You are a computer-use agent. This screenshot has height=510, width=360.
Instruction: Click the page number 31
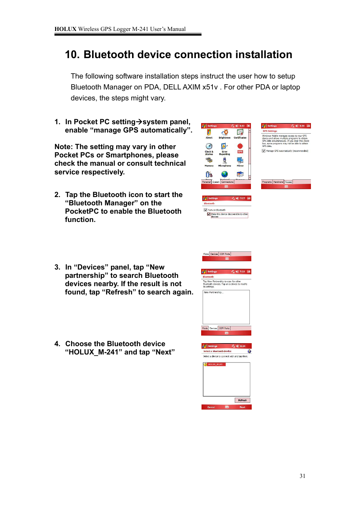click(302, 476)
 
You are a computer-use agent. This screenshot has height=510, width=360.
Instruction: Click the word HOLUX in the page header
click(65, 29)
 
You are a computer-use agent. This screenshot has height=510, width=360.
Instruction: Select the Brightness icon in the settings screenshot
click(225, 133)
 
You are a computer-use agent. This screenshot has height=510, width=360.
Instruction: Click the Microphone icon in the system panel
click(225, 161)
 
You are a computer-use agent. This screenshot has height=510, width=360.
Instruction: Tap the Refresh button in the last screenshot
click(242, 400)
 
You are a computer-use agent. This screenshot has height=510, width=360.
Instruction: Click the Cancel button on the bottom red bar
click(211, 407)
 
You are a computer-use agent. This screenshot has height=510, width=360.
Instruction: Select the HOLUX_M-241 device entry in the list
click(215, 365)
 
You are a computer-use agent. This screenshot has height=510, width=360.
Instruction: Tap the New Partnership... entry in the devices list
click(214, 293)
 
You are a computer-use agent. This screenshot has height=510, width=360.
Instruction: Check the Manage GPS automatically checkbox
click(263, 151)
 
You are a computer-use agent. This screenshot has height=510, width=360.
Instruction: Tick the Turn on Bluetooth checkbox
click(206, 210)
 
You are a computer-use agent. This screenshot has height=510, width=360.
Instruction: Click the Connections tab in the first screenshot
click(227, 182)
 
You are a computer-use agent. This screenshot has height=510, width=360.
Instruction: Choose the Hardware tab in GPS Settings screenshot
click(278, 182)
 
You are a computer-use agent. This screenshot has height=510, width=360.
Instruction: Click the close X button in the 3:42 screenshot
click(248, 126)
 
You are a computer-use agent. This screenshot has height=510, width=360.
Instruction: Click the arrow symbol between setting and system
click(139, 122)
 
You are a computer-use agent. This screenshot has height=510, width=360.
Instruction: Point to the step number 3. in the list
click(57, 267)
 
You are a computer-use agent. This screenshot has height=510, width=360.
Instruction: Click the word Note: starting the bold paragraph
click(63, 147)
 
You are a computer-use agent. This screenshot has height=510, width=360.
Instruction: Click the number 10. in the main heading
click(72, 55)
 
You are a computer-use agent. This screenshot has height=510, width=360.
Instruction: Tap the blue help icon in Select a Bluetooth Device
click(249, 351)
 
